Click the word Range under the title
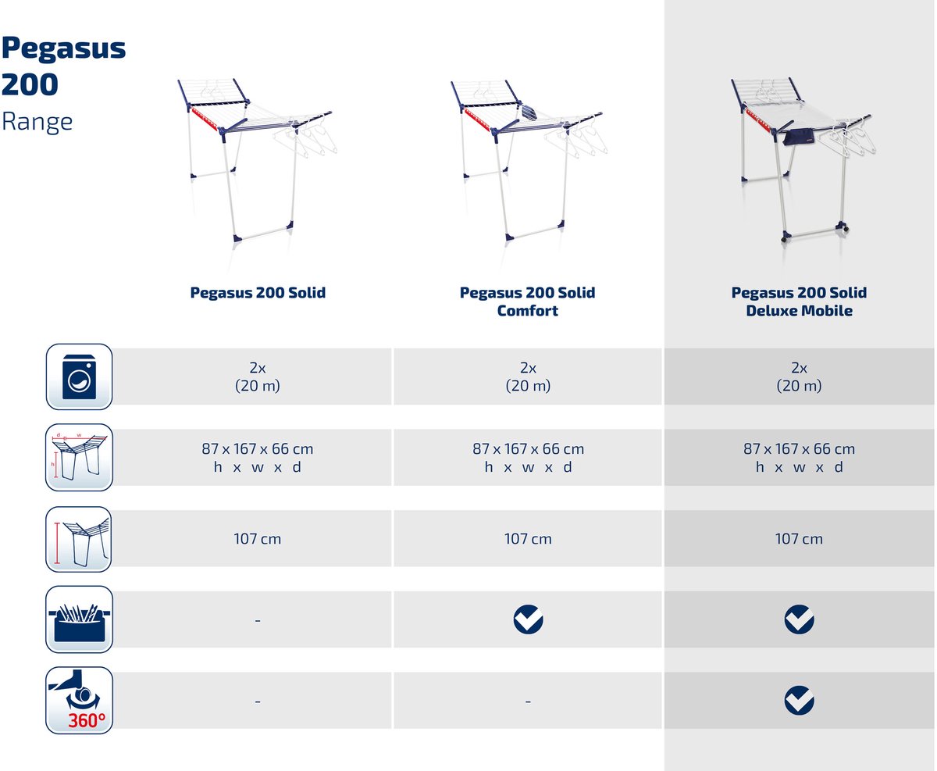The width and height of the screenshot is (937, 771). pyautogui.click(x=37, y=122)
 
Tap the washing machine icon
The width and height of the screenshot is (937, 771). pyautogui.click(x=79, y=377)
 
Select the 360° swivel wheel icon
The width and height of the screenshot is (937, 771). pyautogui.click(x=79, y=700)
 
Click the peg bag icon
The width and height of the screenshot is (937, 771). pyautogui.click(x=79, y=619)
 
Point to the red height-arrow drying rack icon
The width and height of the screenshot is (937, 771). pyautogui.click(x=79, y=539)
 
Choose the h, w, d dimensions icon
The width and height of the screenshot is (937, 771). pyautogui.click(x=79, y=457)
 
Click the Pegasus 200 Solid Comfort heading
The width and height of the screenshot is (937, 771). pyautogui.click(x=527, y=302)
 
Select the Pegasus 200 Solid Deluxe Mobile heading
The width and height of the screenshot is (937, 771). pyautogui.click(x=799, y=302)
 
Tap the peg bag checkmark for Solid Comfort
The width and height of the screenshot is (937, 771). pyautogui.click(x=528, y=619)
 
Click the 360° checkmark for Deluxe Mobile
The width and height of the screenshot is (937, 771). pyautogui.click(x=799, y=701)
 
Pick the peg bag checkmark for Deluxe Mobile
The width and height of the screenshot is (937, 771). pyautogui.click(x=799, y=619)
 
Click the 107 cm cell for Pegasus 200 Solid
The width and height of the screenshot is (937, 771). pyautogui.click(x=257, y=539)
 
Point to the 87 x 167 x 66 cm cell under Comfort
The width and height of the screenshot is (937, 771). pyautogui.click(x=528, y=457)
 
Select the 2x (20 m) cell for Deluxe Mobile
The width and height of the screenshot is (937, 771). pyautogui.click(x=799, y=377)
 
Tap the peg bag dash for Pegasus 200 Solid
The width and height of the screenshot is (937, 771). pyautogui.click(x=258, y=620)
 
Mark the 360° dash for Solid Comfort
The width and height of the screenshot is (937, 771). pyautogui.click(x=528, y=701)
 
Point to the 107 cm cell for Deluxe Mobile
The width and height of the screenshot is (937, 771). pyautogui.click(x=799, y=539)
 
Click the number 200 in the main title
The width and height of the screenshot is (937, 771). pyautogui.click(x=30, y=84)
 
